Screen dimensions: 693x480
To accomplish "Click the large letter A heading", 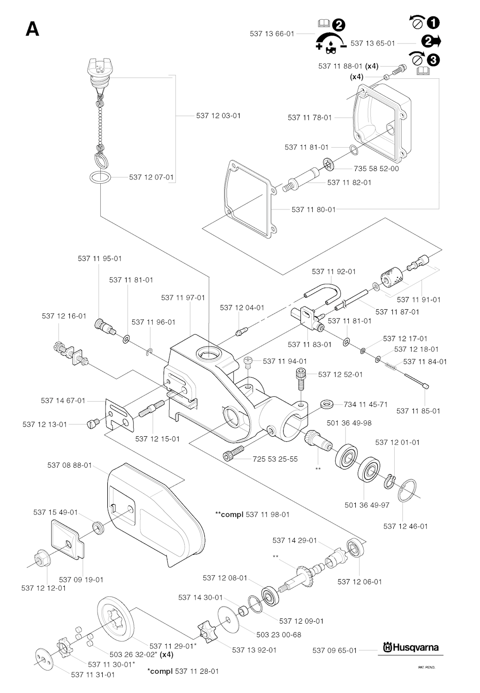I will [32, 29].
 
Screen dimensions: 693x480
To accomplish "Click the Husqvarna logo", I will [411, 648].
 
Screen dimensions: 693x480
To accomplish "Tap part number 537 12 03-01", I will [218, 115].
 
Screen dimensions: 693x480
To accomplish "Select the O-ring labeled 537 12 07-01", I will [100, 178].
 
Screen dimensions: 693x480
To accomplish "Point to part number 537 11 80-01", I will [314, 209].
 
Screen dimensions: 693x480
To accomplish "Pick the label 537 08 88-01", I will [69, 465].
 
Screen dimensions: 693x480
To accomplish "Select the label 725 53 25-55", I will [275, 459].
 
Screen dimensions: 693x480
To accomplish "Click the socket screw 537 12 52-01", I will [300, 378].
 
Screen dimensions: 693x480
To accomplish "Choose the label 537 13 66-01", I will [272, 34].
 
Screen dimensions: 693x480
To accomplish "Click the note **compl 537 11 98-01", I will [252, 514].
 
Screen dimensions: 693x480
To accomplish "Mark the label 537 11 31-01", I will [93, 675].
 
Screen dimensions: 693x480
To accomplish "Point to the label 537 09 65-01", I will [334, 650].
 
